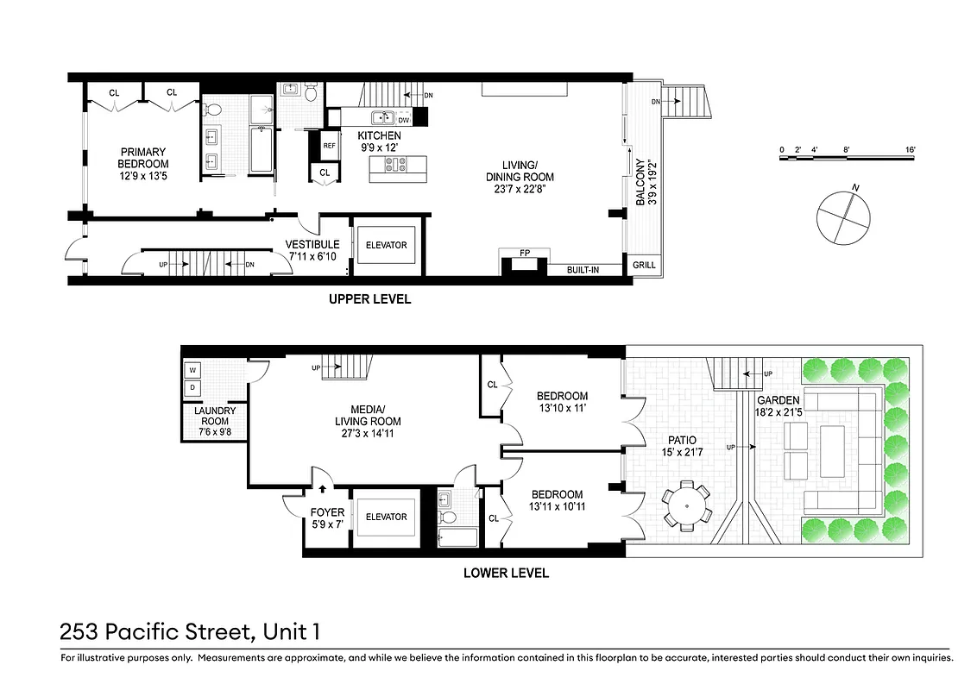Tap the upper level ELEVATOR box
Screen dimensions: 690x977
[x=386, y=245]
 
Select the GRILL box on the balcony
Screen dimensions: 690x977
[x=643, y=266]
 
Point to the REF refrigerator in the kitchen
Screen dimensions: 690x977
[x=329, y=146]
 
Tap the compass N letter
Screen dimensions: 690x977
[x=854, y=187]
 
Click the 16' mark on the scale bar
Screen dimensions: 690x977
[x=910, y=150]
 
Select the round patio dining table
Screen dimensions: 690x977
[x=687, y=503]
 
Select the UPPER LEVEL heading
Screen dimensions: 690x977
[x=369, y=299]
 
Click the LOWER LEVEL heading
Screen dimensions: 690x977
[x=506, y=573]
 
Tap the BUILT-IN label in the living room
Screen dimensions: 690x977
[x=583, y=270]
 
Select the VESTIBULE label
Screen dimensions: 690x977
[x=312, y=244]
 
